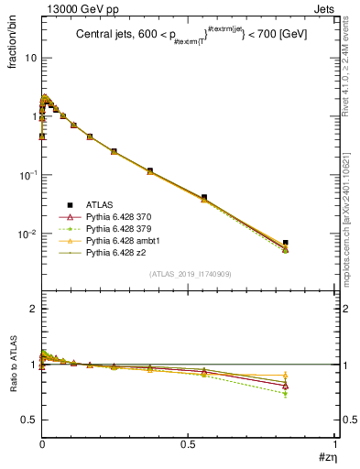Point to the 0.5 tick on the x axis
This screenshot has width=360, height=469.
click(188, 443)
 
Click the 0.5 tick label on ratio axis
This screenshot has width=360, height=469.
click(29, 420)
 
